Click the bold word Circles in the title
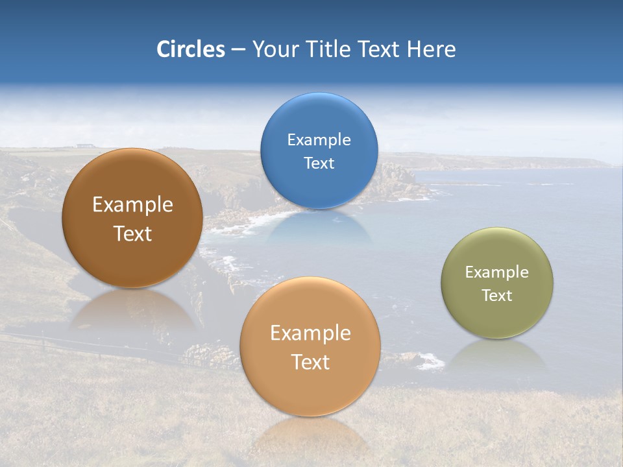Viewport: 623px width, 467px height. pos(190,49)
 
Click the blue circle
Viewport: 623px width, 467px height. pos(319,151)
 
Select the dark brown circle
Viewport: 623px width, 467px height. pos(132,218)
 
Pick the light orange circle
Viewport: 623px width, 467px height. pos(310,346)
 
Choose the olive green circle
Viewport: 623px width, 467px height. pos(497,283)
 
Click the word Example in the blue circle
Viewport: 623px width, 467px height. pos(319,140)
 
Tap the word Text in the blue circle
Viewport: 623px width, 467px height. pos(319,163)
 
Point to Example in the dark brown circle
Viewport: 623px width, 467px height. pos(132,205)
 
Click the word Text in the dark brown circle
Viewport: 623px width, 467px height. pos(132,234)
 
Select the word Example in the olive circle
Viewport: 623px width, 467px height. pos(497,272)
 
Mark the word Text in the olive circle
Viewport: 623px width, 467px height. pos(497,296)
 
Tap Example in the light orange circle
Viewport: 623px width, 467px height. pos(310,333)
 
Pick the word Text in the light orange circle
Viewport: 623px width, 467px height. pos(310,362)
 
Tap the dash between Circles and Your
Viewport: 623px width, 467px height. pos(238,50)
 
